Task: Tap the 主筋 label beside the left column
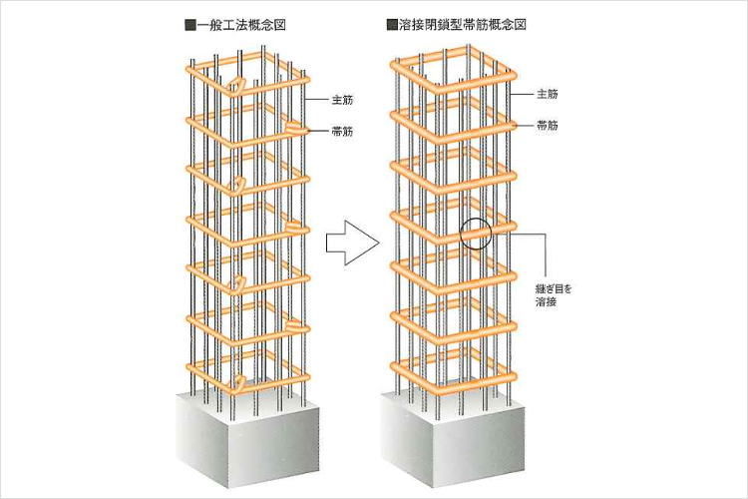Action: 343,100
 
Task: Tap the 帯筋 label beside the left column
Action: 343,131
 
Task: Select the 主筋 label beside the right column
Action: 547,94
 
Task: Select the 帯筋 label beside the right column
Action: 547,125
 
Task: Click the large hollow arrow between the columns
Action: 351,243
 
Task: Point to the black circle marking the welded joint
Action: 477,234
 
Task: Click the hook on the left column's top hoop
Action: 235,84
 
